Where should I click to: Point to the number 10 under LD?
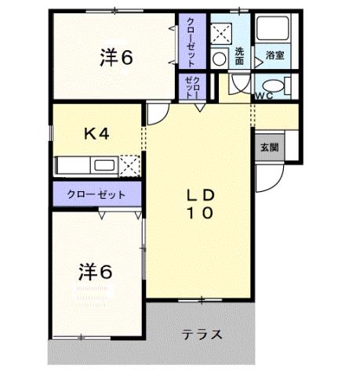point(200,212)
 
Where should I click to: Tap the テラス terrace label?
point(202,334)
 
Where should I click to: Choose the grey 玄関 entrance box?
point(269,146)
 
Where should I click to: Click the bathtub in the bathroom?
point(275,32)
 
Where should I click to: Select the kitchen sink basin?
point(104,165)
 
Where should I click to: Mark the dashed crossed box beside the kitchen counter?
point(130,164)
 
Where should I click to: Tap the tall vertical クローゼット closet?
point(189,42)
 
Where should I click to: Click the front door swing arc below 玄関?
point(267,179)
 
